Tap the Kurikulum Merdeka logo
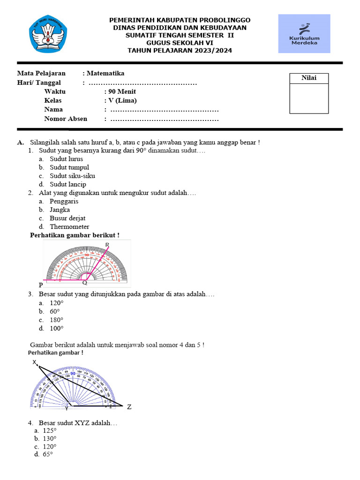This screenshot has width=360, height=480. (304, 34)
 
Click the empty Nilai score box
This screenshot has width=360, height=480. (308, 98)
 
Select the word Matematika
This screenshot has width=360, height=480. (105, 73)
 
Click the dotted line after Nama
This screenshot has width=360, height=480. (164, 110)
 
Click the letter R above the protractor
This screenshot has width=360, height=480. (107, 245)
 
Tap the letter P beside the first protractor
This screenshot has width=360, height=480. (41, 285)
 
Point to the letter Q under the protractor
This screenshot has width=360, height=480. (84, 283)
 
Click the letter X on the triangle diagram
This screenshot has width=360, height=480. (35, 362)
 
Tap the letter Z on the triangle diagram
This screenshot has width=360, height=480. (129, 407)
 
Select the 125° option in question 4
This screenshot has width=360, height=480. (49, 430)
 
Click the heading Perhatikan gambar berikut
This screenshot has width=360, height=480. (75, 235)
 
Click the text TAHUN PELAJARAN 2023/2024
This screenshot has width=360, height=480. (180, 51)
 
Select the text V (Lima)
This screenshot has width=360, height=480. (122, 100)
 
